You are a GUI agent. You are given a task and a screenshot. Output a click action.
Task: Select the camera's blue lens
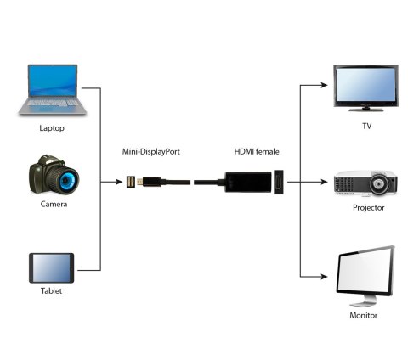coord(67,178)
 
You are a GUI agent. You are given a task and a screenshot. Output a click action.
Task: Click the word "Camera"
coord(53,205)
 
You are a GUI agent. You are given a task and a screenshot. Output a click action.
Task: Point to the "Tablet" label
coord(51,290)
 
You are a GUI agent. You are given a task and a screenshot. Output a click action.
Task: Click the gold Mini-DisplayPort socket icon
coord(131,182)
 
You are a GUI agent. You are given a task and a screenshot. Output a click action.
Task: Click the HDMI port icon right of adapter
coord(278,182)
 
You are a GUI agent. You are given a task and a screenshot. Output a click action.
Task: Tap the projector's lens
coord(382,183)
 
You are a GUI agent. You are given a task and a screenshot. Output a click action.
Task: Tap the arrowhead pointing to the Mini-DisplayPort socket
coord(119,182)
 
